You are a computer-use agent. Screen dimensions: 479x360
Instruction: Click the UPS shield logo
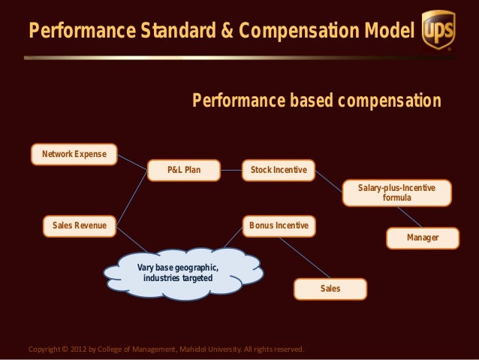click(438, 30)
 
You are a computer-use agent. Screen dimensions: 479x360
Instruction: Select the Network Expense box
click(74, 155)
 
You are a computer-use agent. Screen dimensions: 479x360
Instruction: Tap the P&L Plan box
click(184, 171)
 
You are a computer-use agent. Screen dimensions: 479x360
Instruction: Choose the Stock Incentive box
click(279, 171)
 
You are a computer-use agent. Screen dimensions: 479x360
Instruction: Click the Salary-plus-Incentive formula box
click(396, 192)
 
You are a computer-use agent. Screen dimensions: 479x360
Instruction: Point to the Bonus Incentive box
click(279, 225)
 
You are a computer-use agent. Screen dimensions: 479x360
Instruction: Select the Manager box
click(422, 238)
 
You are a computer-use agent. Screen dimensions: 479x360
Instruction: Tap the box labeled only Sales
click(330, 289)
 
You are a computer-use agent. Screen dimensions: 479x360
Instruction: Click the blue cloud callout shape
click(180, 274)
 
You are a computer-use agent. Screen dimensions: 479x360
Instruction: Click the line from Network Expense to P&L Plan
click(132, 162)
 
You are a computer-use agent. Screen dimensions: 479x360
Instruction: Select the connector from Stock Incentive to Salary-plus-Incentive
click(329, 180)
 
